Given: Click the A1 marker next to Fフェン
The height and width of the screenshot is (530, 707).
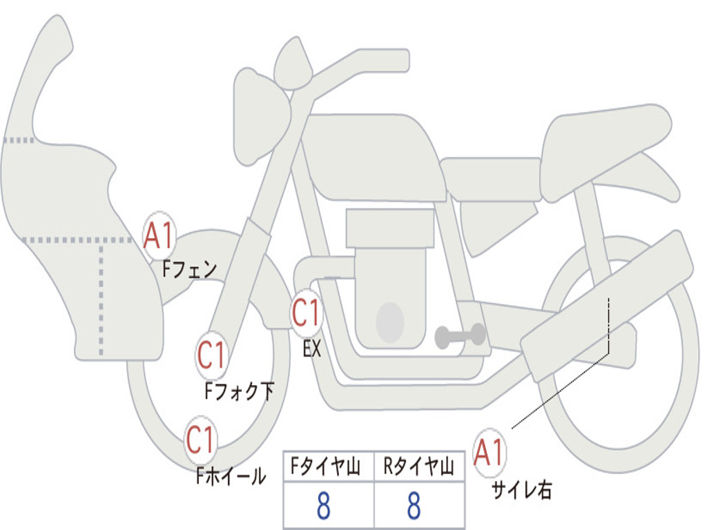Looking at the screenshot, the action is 160,236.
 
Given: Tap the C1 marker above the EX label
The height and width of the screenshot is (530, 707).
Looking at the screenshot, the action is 307,314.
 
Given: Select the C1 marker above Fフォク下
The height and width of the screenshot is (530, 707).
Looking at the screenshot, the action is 212,356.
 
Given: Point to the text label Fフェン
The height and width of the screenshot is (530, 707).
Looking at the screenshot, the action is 189,268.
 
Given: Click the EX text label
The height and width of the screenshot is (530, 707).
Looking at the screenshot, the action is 312,349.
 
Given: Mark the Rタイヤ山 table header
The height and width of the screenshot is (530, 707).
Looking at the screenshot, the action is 418,468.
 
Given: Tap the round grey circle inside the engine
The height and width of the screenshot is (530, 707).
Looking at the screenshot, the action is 390,322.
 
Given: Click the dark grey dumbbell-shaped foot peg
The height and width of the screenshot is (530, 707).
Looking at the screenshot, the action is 460,335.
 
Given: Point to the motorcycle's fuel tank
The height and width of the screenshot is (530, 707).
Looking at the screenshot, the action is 373,155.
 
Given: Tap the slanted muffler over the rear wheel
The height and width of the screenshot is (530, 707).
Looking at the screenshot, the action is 608,304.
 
